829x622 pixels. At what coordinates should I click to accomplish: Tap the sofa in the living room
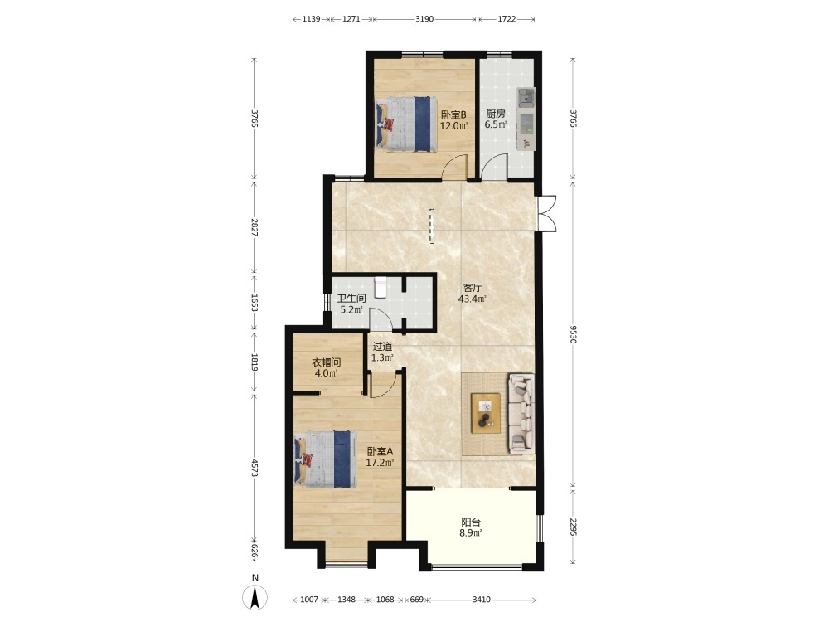click(x=521, y=414)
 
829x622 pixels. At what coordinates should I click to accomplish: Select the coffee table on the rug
click(x=486, y=413)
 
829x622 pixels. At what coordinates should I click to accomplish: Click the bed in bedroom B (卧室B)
click(x=406, y=124)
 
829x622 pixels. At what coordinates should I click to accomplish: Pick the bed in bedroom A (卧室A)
click(x=325, y=459)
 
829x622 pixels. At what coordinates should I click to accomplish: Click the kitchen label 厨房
click(x=496, y=114)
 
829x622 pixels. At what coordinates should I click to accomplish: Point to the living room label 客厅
click(x=473, y=288)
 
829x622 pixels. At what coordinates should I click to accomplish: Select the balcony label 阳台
click(x=471, y=522)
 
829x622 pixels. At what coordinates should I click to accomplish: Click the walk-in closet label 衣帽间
click(x=326, y=362)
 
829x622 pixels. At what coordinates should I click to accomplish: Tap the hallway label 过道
click(x=382, y=347)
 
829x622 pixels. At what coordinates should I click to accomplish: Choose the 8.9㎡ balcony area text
click(x=471, y=533)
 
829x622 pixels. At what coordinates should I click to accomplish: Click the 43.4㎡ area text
click(x=473, y=299)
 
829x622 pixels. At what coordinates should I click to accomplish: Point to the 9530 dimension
click(x=573, y=333)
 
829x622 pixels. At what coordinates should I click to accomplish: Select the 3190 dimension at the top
click(x=424, y=19)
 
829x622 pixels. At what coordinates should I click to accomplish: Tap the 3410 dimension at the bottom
click(x=481, y=600)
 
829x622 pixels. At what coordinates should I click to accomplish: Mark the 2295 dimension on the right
click(x=573, y=527)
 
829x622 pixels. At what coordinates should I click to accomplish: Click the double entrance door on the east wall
click(x=546, y=214)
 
